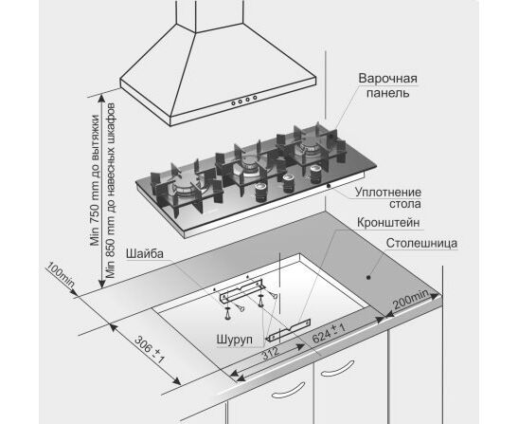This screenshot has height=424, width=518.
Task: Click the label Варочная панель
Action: pos(388,85)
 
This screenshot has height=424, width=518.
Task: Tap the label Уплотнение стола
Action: pos(388,198)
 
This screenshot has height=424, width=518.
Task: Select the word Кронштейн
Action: pos(388,222)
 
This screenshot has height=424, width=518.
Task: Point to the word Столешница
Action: pos(421,243)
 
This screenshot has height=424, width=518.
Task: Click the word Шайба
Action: pos(144,253)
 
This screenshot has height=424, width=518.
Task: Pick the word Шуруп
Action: pos(235,340)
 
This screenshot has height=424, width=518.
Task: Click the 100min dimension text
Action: pos(60,274)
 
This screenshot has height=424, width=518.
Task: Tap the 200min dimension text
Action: pos(411,299)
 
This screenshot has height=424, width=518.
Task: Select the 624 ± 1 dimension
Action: pos(329,333)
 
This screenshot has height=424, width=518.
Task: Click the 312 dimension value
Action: pos(271,354)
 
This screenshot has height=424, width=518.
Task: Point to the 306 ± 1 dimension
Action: pos(150,349)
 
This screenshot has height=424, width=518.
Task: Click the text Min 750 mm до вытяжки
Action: pos(95,180)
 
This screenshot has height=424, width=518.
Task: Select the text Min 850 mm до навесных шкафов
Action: pos(111,191)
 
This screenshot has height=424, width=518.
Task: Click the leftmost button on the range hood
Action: pos(233,103)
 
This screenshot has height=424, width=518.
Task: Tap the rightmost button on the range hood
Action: pos(255,98)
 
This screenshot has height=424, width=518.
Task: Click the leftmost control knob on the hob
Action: pos(261,193)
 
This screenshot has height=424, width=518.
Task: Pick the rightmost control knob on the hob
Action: pos(315,175)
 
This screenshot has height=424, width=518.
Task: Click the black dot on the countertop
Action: pos(368,277)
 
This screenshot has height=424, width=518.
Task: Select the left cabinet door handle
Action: pos(288,391)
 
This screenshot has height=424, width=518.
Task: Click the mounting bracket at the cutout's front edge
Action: pos(289,330)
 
